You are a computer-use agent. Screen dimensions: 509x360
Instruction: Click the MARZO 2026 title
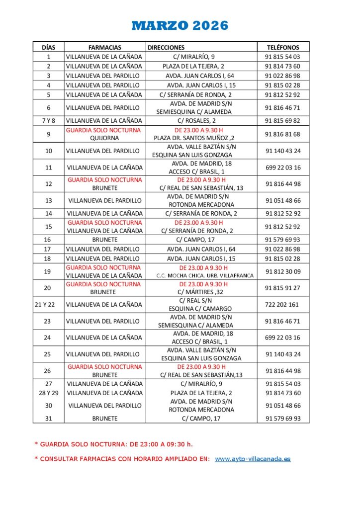click(x=180, y=25)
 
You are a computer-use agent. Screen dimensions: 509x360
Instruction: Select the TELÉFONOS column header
click(x=283, y=47)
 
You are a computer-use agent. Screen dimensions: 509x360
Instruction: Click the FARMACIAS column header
click(x=105, y=47)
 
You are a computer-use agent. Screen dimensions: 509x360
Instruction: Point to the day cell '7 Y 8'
click(x=49, y=120)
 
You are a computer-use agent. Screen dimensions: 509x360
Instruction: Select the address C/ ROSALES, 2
click(x=194, y=120)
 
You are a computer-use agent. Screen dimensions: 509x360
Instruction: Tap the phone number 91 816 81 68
click(x=282, y=134)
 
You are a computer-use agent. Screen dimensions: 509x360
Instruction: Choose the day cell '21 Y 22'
click(x=49, y=305)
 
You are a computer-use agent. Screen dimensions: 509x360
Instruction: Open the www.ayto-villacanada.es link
click(x=253, y=459)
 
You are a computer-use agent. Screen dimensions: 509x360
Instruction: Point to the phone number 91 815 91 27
click(x=282, y=288)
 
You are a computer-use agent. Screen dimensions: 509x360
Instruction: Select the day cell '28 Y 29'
click(x=49, y=393)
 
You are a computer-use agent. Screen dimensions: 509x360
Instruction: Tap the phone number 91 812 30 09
click(x=282, y=271)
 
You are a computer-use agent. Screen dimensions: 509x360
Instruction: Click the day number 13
click(x=49, y=201)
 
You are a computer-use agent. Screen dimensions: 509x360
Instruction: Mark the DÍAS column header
click(x=49, y=47)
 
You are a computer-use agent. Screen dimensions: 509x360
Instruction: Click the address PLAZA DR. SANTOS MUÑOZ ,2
click(x=194, y=138)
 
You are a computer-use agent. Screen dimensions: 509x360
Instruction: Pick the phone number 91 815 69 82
click(x=282, y=120)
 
